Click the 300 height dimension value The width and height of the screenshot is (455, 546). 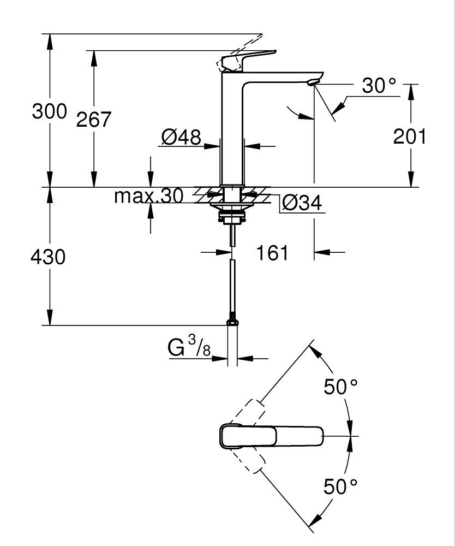pos(49,111)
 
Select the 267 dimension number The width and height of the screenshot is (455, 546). pos(93,120)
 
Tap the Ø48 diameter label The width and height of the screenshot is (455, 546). pos(181,137)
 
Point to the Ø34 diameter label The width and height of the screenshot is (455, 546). pos(302,203)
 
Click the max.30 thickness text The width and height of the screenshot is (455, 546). pos(148,196)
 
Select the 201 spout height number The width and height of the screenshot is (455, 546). pos(410,136)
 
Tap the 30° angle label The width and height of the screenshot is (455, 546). pos(379,86)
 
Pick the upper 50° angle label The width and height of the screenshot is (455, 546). pos(341,387)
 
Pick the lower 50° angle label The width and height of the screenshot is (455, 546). pos(341,486)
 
